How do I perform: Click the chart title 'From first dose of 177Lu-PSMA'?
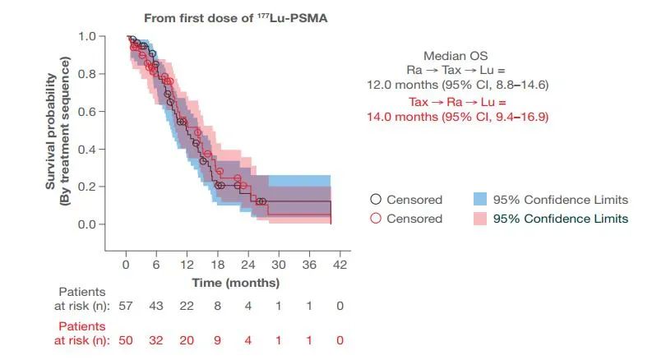click(x=235, y=17)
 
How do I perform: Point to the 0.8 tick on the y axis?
click(x=98, y=74)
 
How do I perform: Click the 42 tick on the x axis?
click(x=340, y=264)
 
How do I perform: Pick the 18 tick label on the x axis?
click(x=218, y=264)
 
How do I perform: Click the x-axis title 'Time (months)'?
click(x=236, y=282)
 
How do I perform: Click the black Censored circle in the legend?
click(x=376, y=200)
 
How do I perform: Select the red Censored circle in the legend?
click(x=376, y=219)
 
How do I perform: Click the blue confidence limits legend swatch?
click(x=481, y=200)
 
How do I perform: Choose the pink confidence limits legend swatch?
click(x=481, y=219)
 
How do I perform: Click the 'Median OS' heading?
click(x=457, y=56)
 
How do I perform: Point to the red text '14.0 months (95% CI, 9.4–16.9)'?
click(x=457, y=117)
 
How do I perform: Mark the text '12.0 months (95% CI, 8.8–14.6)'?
click(x=457, y=84)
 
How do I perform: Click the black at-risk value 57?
click(x=126, y=306)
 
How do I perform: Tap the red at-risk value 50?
click(x=126, y=340)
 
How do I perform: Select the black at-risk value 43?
click(x=156, y=306)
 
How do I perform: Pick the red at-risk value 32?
click(x=156, y=340)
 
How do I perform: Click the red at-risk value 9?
click(x=218, y=340)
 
